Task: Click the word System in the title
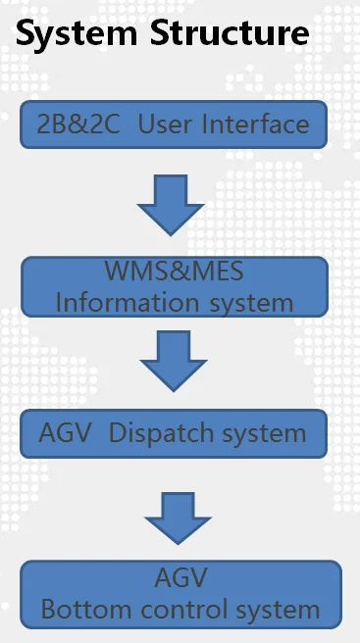[77, 33]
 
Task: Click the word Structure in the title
[230, 32]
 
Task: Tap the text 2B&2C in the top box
[78, 124]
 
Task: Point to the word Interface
[255, 124]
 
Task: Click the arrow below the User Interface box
[171, 205]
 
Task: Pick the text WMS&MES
[174, 271]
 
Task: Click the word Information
[128, 303]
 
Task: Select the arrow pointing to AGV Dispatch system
[174, 361]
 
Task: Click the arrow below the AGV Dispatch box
[178, 519]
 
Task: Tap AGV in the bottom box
[180, 577]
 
